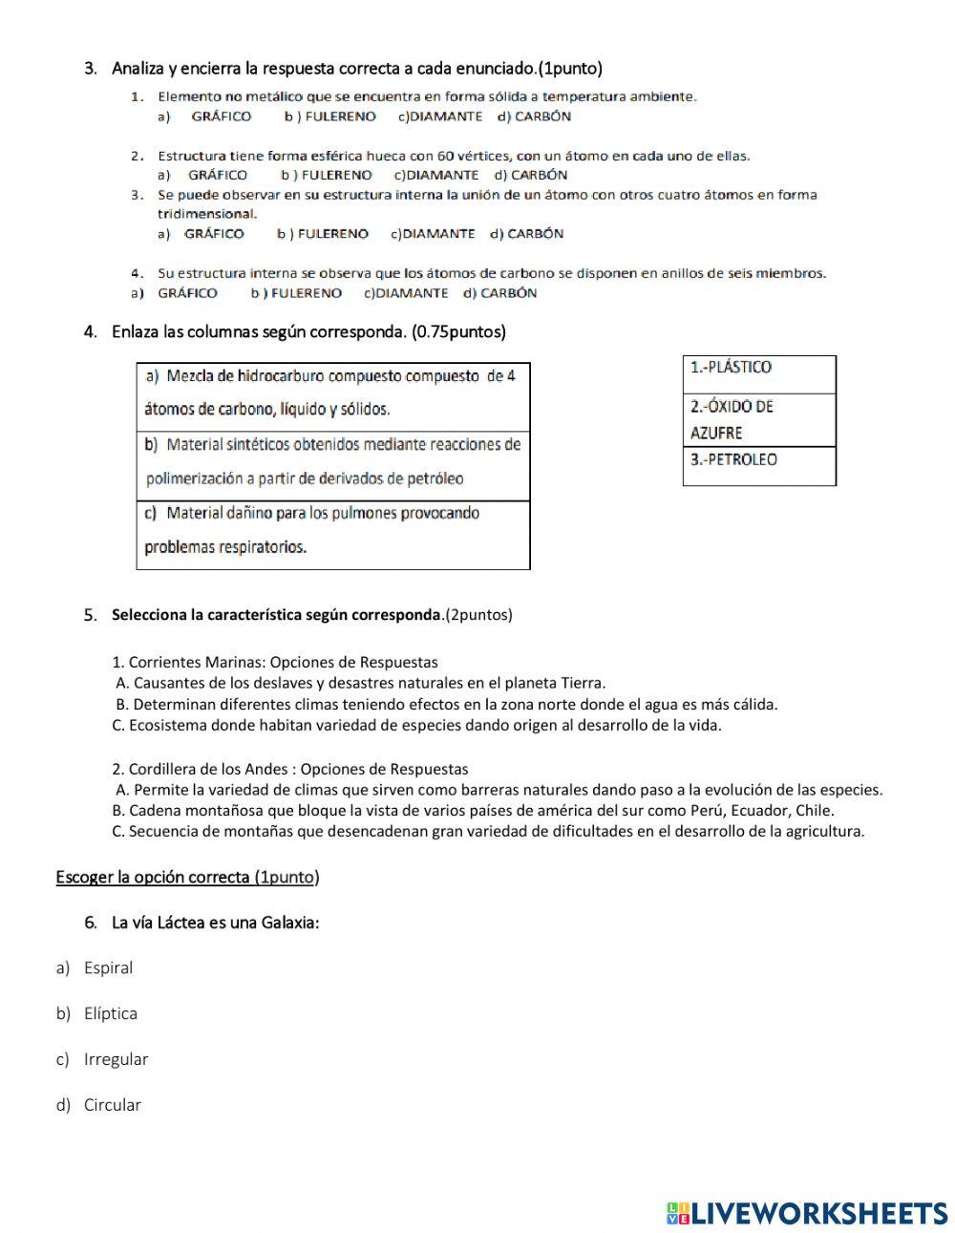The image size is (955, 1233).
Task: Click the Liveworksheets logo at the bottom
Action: pyautogui.click(x=807, y=1213)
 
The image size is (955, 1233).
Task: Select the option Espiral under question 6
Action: pyautogui.click(x=108, y=967)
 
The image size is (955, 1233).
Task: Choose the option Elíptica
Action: pyautogui.click(x=110, y=1013)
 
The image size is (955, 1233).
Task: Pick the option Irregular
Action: pyautogui.click(x=116, y=1059)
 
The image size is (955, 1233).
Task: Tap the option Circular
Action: pyautogui.click(x=112, y=1105)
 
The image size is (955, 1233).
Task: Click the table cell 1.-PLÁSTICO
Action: pyautogui.click(x=759, y=374)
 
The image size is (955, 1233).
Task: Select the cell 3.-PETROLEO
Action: pyautogui.click(x=759, y=466)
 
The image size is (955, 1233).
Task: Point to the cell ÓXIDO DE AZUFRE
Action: pyautogui.click(x=759, y=420)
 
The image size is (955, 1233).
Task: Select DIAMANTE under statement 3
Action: pyautogui.click(x=437, y=234)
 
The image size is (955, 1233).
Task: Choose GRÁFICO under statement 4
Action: pyautogui.click(x=187, y=293)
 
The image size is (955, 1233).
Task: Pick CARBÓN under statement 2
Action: pyautogui.click(x=539, y=176)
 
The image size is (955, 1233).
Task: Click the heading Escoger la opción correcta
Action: pyautogui.click(x=187, y=877)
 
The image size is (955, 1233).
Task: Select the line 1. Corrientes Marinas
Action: pyautogui.click(x=275, y=662)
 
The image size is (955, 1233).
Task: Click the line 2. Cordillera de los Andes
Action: pyautogui.click(x=290, y=769)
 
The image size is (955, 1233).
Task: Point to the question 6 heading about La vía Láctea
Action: pyautogui.click(x=215, y=923)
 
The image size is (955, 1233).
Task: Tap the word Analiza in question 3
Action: pyautogui.click(x=138, y=69)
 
